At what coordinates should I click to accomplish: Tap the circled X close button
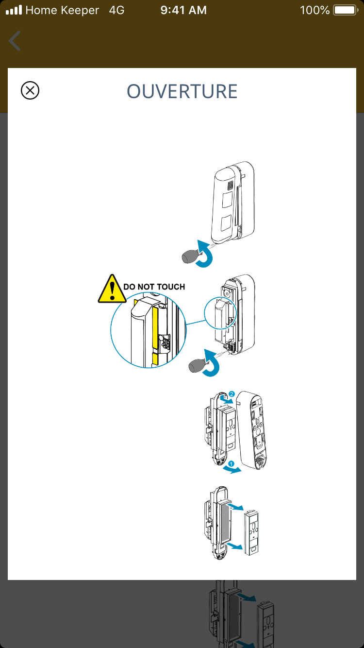pyautogui.click(x=30, y=91)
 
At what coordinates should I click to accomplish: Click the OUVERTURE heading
pyautogui.click(x=182, y=91)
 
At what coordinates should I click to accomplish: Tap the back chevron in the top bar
pyautogui.click(x=15, y=41)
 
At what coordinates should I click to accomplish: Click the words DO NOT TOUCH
pyautogui.click(x=154, y=287)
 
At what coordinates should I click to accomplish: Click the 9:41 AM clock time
pyautogui.click(x=183, y=10)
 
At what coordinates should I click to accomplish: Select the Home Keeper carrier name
pyautogui.click(x=62, y=10)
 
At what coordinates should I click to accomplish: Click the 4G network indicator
pyautogui.click(x=116, y=10)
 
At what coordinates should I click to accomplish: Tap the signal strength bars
pyautogui.click(x=14, y=10)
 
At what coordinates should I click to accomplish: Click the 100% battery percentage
pyautogui.click(x=314, y=10)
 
